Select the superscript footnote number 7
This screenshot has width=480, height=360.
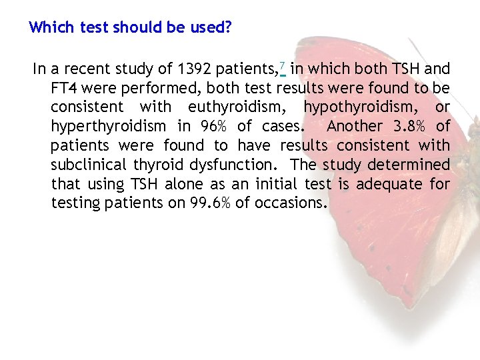[x=282, y=65]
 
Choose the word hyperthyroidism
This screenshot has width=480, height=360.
[x=109, y=127]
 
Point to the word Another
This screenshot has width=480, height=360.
[x=355, y=127]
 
